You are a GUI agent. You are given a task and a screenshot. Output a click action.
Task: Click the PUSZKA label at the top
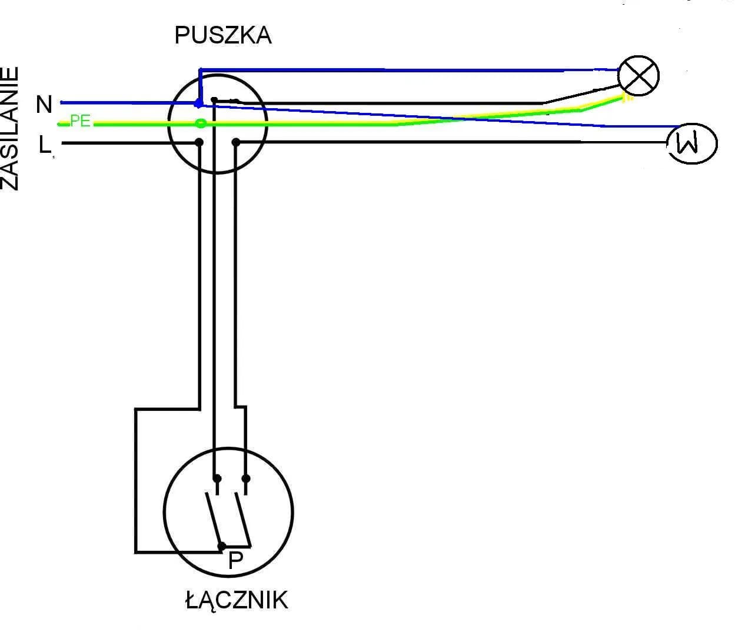(x=223, y=36)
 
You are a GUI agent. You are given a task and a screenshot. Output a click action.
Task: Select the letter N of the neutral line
(x=44, y=105)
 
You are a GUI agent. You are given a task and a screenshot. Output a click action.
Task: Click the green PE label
(x=80, y=121)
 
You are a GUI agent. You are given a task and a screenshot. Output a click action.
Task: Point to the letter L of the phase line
(x=45, y=145)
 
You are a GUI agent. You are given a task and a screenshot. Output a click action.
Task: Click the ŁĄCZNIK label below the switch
(x=237, y=601)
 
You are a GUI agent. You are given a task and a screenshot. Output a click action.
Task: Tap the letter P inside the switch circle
(x=235, y=561)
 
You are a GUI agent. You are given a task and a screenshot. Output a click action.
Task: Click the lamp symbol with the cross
(x=638, y=76)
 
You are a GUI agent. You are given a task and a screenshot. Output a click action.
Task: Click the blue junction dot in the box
(x=199, y=103)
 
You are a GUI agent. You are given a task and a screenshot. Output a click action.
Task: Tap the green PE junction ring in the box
(x=201, y=123)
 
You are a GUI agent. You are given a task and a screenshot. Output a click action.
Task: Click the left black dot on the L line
(x=199, y=142)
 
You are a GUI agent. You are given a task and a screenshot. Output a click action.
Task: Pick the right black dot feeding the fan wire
(x=236, y=142)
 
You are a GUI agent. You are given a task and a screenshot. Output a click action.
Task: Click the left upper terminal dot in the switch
(x=217, y=478)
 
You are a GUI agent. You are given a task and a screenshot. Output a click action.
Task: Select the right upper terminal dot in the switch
(x=246, y=478)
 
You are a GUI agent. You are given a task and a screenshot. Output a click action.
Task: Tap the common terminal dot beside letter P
(x=221, y=546)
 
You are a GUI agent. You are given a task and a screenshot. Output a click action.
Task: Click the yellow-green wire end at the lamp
(x=626, y=98)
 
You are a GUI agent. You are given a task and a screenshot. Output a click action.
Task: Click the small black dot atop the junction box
(x=215, y=100)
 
